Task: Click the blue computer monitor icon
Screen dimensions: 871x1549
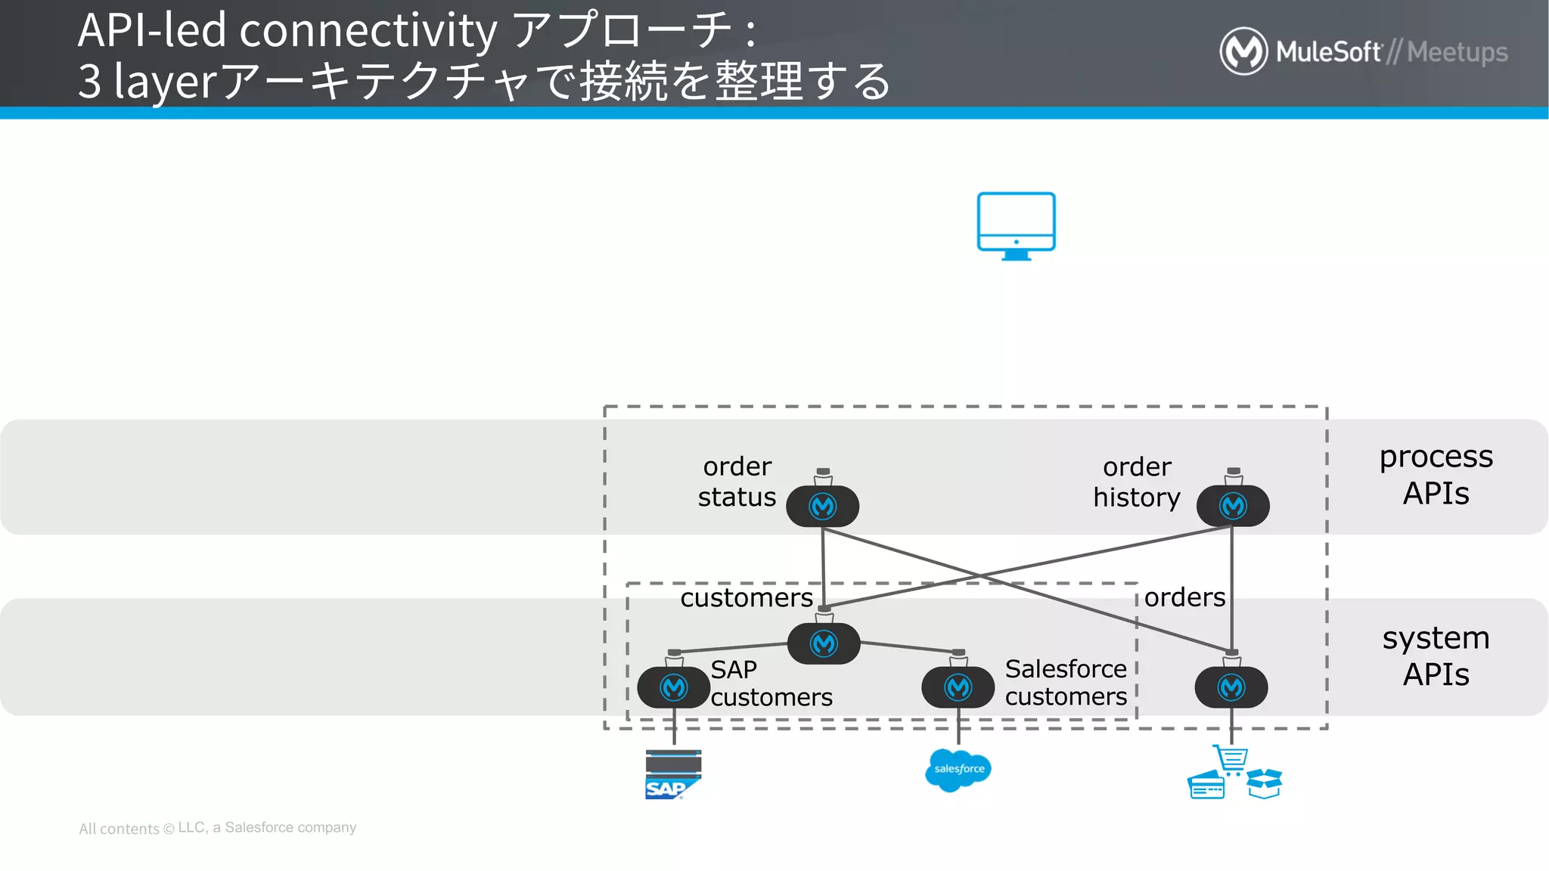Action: pyautogui.click(x=1016, y=225)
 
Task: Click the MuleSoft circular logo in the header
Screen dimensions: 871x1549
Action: pyautogui.click(x=1243, y=51)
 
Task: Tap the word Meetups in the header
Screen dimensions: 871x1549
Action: pyautogui.click(x=1457, y=52)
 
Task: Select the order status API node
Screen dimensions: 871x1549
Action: pyautogui.click(x=822, y=506)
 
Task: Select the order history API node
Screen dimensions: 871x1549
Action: pyautogui.click(x=1232, y=506)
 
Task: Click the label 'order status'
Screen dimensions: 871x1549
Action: pyautogui.click(x=737, y=482)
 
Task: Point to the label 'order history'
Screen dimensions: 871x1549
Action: pyautogui.click(x=1136, y=482)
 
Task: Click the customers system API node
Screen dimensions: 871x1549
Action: pyautogui.click(x=823, y=643)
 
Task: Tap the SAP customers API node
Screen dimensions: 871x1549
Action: pyautogui.click(x=673, y=687)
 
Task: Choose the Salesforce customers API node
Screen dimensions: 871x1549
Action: pyautogui.click(x=958, y=687)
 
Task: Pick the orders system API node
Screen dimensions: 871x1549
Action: pyautogui.click(x=1231, y=687)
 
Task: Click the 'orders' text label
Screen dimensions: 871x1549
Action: pyautogui.click(x=1184, y=597)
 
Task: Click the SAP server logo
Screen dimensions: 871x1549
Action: pyautogui.click(x=672, y=774)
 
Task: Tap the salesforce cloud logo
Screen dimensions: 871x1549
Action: pyautogui.click(x=958, y=770)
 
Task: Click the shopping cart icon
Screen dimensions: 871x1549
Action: pyautogui.click(x=1231, y=759)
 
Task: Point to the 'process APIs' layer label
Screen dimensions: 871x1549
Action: pyautogui.click(x=1436, y=475)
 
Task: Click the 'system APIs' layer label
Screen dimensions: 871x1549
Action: pyautogui.click(x=1436, y=656)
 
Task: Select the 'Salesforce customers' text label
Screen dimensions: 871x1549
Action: pyautogui.click(x=1065, y=682)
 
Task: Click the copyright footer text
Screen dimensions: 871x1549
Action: pyautogui.click(x=217, y=828)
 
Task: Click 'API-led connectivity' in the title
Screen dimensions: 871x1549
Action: pyautogui.click(x=287, y=30)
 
